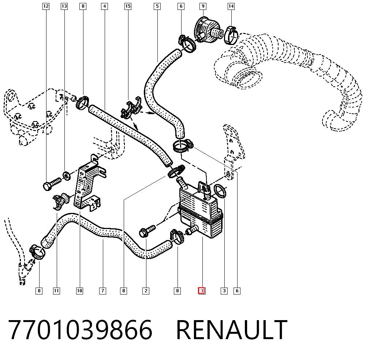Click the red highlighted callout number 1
click(x=202, y=291)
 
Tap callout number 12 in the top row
click(x=46, y=6)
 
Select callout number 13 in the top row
click(x=64, y=6)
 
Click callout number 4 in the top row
click(x=104, y=6)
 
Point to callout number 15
click(x=128, y=6)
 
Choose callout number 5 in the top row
click(x=157, y=6)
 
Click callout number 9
click(x=203, y=6)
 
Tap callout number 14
click(x=231, y=6)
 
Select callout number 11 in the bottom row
click(x=56, y=291)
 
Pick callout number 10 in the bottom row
click(x=79, y=291)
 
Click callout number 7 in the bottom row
click(x=103, y=291)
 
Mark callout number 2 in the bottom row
click(x=146, y=291)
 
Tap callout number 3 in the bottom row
click(x=224, y=291)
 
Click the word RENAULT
click(x=232, y=330)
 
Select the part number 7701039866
click(x=80, y=330)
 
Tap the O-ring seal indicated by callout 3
click(x=220, y=191)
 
